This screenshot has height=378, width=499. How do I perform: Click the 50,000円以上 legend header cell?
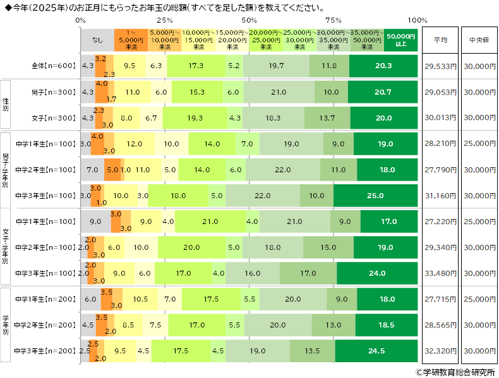click(400, 40)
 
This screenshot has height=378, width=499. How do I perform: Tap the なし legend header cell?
click(97, 40)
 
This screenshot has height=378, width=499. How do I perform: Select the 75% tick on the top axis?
click(334, 21)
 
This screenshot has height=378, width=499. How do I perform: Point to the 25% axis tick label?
click(165, 21)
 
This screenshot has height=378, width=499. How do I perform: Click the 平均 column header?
click(440, 40)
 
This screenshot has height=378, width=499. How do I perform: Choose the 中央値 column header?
click(479, 40)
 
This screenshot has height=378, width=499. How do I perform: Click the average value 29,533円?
click(440, 66)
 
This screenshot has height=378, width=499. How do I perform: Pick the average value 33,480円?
click(440, 273)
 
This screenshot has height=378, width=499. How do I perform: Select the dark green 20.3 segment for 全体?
click(383, 66)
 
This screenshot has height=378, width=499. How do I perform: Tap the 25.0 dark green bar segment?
click(375, 196)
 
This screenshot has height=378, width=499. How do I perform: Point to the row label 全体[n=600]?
click(54, 66)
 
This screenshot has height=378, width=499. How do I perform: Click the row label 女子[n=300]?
click(54, 118)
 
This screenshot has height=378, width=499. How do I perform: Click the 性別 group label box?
click(6, 105)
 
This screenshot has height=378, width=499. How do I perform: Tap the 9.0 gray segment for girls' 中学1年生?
click(96, 221)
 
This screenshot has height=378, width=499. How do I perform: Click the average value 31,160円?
click(440, 196)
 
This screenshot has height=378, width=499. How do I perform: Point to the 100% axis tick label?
click(418, 21)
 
